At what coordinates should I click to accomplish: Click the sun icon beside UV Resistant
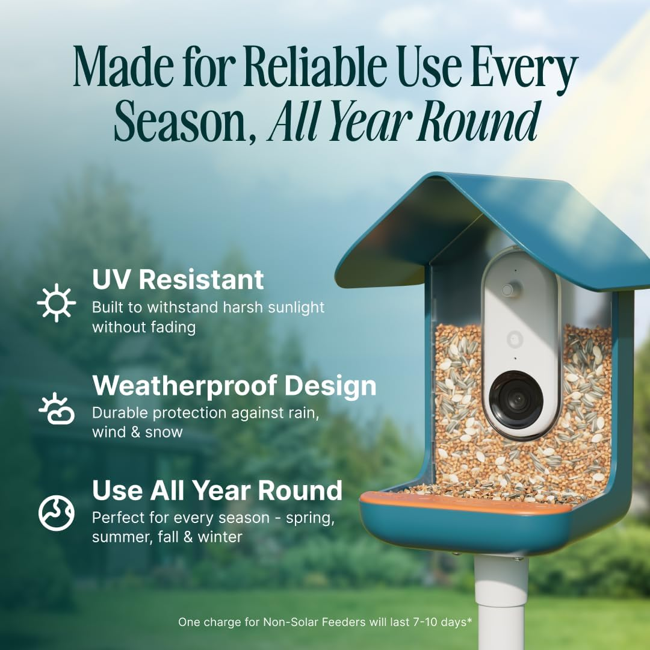pos(57,303)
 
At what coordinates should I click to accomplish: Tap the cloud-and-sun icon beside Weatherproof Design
pos(57,409)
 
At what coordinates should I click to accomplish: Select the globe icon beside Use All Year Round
pos(57,513)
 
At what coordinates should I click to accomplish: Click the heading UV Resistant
pos(178,280)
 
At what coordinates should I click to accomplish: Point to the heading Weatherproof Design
pos(234,386)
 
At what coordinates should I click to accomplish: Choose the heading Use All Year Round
pos(217,491)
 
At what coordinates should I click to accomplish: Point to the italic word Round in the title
pos(478,122)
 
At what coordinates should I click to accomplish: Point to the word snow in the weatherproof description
pos(163,432)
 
